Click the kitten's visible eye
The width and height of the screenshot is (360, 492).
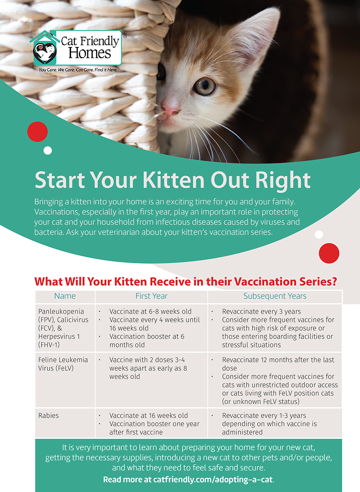pos(205,86)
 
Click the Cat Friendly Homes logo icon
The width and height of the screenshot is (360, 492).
pos(44,50)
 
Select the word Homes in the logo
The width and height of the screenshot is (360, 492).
pos(90,53)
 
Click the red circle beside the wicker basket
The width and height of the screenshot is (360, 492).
pos(37,132)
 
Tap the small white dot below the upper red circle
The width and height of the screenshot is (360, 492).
pos(48,151)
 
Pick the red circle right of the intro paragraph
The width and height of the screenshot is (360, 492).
pos(329,253)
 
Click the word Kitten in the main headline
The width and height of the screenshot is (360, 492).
pos(175,180)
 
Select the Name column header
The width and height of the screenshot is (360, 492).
pos(65,296)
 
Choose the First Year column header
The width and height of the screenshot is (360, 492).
pos(151,296)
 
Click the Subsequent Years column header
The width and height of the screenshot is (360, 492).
pos(275,296)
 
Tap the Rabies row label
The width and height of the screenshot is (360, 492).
pos(49,415)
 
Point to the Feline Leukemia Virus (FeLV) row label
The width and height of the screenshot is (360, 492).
pos(63,364)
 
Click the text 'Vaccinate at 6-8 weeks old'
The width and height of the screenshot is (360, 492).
pos(150,312)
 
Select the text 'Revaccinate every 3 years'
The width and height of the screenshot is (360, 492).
pos(262,312)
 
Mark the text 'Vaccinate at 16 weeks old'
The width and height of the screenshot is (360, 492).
pos(149,415)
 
